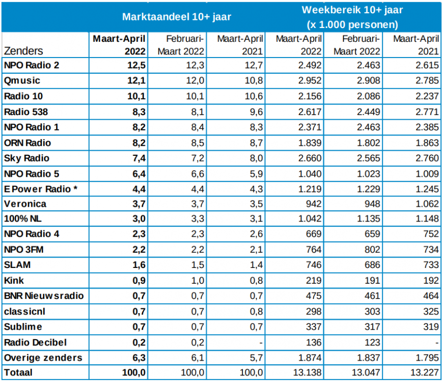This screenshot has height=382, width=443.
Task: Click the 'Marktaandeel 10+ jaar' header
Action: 177,17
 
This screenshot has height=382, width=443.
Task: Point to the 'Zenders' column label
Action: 23,51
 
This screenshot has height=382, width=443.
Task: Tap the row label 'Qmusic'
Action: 22,80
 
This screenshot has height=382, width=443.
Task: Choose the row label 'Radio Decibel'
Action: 35,342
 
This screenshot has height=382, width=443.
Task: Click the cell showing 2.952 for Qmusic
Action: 310,80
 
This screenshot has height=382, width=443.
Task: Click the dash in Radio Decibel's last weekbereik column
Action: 437,342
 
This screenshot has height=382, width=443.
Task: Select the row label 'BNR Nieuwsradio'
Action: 43,295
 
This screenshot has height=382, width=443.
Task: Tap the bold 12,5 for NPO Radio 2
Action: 137,65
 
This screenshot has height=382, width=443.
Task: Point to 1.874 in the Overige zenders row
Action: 310,357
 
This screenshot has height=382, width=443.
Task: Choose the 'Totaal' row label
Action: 18,372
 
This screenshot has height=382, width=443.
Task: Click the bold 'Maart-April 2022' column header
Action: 119,45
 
